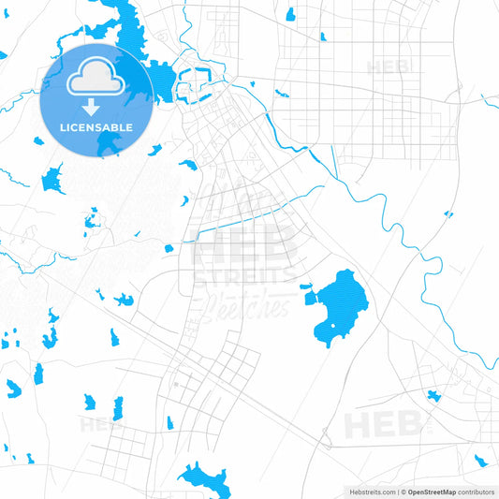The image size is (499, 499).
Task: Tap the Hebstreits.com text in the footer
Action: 371,492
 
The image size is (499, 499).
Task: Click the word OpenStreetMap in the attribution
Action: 432,492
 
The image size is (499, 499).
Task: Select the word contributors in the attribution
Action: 477,492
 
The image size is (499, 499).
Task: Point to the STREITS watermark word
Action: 242,275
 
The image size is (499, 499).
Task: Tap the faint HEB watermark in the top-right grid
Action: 387,67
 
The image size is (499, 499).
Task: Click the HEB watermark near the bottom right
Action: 383,424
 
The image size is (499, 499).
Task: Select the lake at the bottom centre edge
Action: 208,480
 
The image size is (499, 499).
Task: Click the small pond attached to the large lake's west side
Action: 305,287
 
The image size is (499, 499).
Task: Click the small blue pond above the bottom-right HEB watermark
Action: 433,395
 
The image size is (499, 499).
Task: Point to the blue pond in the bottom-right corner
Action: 479,460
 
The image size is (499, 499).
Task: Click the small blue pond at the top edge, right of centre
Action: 290,14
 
